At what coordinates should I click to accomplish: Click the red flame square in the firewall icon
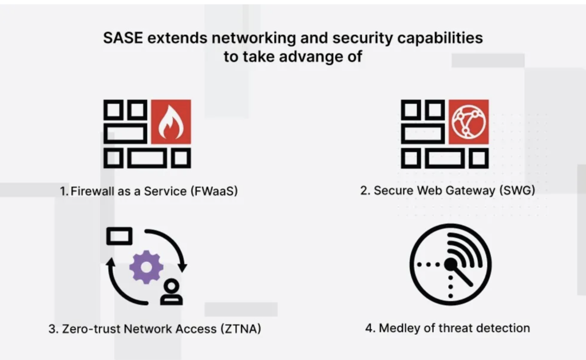coord(170,122)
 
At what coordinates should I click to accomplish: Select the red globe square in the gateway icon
coord(468,122)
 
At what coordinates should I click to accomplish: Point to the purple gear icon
coord(146,267)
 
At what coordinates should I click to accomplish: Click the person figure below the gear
coord(171,292)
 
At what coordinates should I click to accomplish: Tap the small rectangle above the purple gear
coord(119,235)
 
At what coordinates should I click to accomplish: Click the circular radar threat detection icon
coord(450,264)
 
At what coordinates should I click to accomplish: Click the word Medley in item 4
coord(397,329)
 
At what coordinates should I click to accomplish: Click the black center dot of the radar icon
coord(450,264)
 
